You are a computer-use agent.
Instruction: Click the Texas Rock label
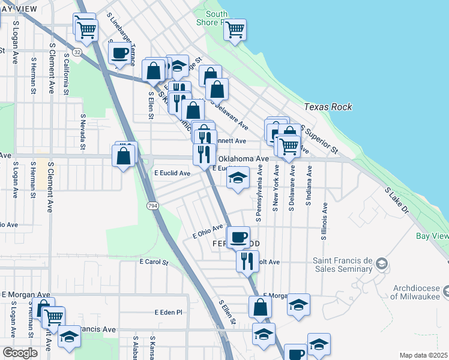pyautogui.click(x=328, y=107)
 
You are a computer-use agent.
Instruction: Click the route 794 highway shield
pyautogui.click(x=151, y=205)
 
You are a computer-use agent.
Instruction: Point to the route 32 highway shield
pyautogui.click(x=77, y=52)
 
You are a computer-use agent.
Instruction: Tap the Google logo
pyautogui.click(x=20, y=352)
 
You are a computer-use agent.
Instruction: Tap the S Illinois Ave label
pyautogui.click(x=324, y=221)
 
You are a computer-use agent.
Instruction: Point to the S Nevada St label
pyautogui.click(x=83, y=131)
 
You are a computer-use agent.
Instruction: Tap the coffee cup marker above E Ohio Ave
pyautogui.click(x=238, y=237)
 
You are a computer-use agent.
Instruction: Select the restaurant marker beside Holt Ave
pyautogui.click(x=247, y=260)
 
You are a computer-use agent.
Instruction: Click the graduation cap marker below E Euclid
pyautogui.click(x=238, y=178)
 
